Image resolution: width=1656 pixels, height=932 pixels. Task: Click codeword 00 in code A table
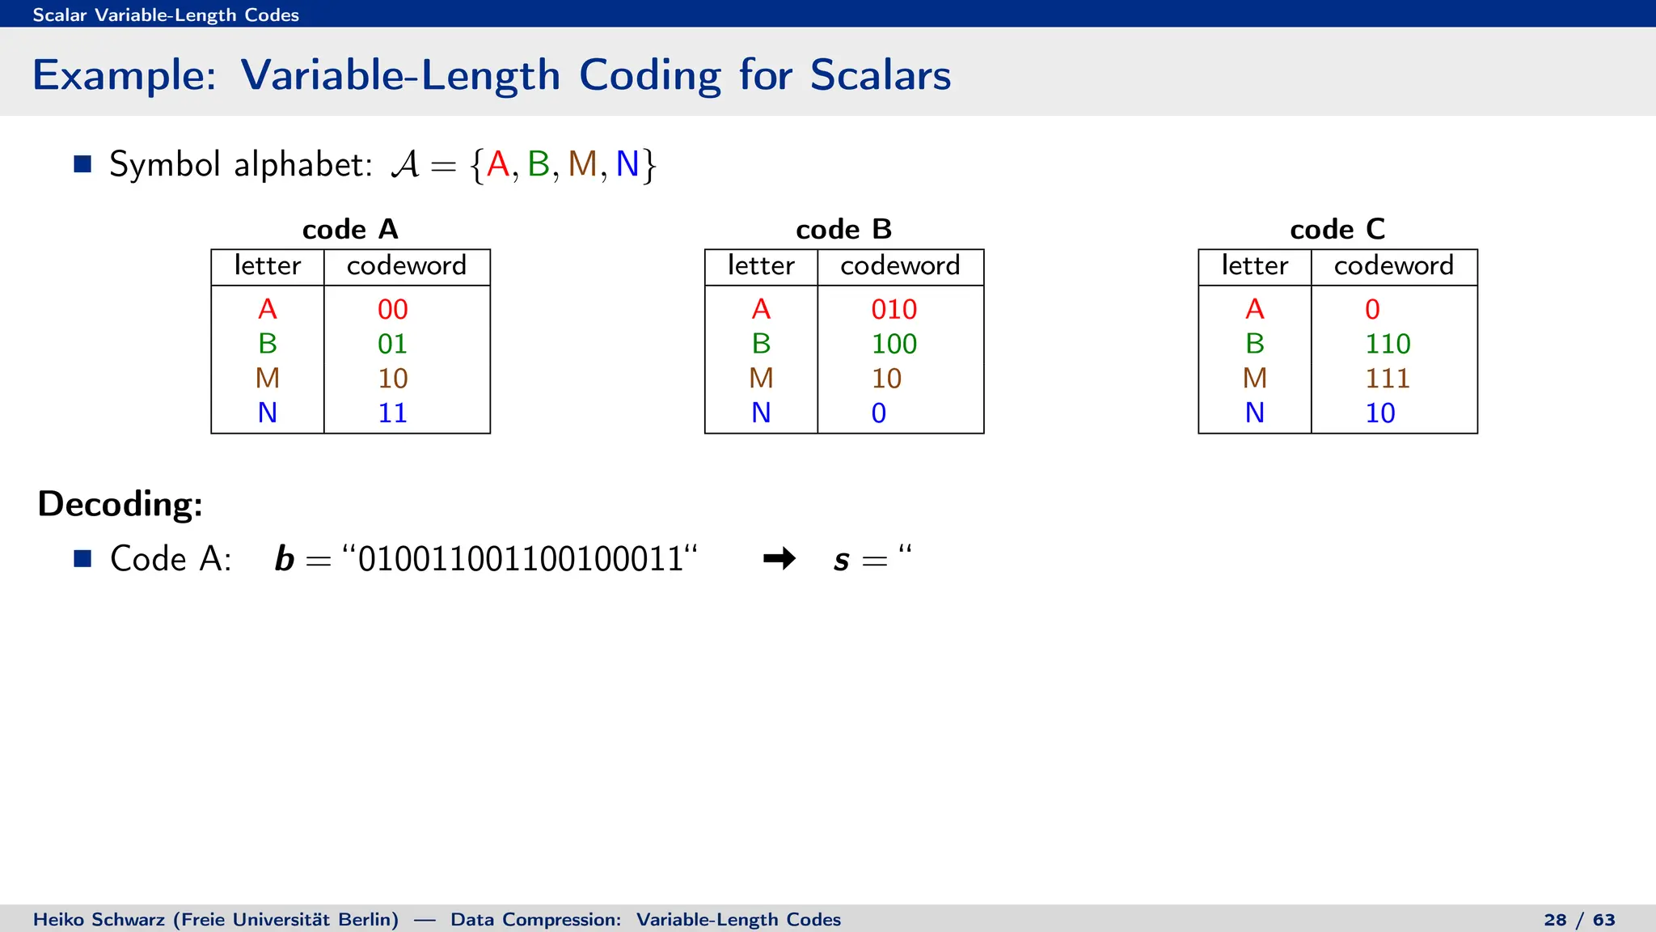(392, 309)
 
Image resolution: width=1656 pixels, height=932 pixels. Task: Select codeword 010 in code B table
(893, 309)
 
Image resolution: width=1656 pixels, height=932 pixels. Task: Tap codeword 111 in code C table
(1387, 379)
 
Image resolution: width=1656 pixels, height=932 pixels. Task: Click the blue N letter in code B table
(761, 413)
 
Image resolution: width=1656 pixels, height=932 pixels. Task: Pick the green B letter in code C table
(1254, 344)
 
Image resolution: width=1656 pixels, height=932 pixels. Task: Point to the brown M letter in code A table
(268, 379)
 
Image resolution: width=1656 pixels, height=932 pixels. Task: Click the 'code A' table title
(350, 230)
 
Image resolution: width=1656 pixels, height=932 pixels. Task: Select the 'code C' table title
(1337, 230)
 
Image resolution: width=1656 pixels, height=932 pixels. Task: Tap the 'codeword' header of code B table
(900, 266)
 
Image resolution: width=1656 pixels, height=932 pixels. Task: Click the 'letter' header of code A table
(268, 266)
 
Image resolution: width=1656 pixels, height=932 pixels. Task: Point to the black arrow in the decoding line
(779, 558)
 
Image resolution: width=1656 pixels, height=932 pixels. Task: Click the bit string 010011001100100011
(521, 559)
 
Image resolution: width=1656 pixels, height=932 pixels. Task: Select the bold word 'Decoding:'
(120, 504)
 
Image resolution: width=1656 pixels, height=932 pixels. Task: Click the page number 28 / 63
(1578, 920)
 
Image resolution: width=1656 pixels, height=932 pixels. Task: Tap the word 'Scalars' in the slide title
(880, 75)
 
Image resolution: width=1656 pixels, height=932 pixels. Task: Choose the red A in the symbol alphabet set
(498, 164)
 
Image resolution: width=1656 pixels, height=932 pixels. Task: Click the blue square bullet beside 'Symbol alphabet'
(82, 164)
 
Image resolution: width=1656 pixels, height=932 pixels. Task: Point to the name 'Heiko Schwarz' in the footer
(99, 920)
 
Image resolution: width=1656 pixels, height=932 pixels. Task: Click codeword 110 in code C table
(1387, 344)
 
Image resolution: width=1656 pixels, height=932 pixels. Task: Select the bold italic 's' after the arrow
(841, 560)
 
